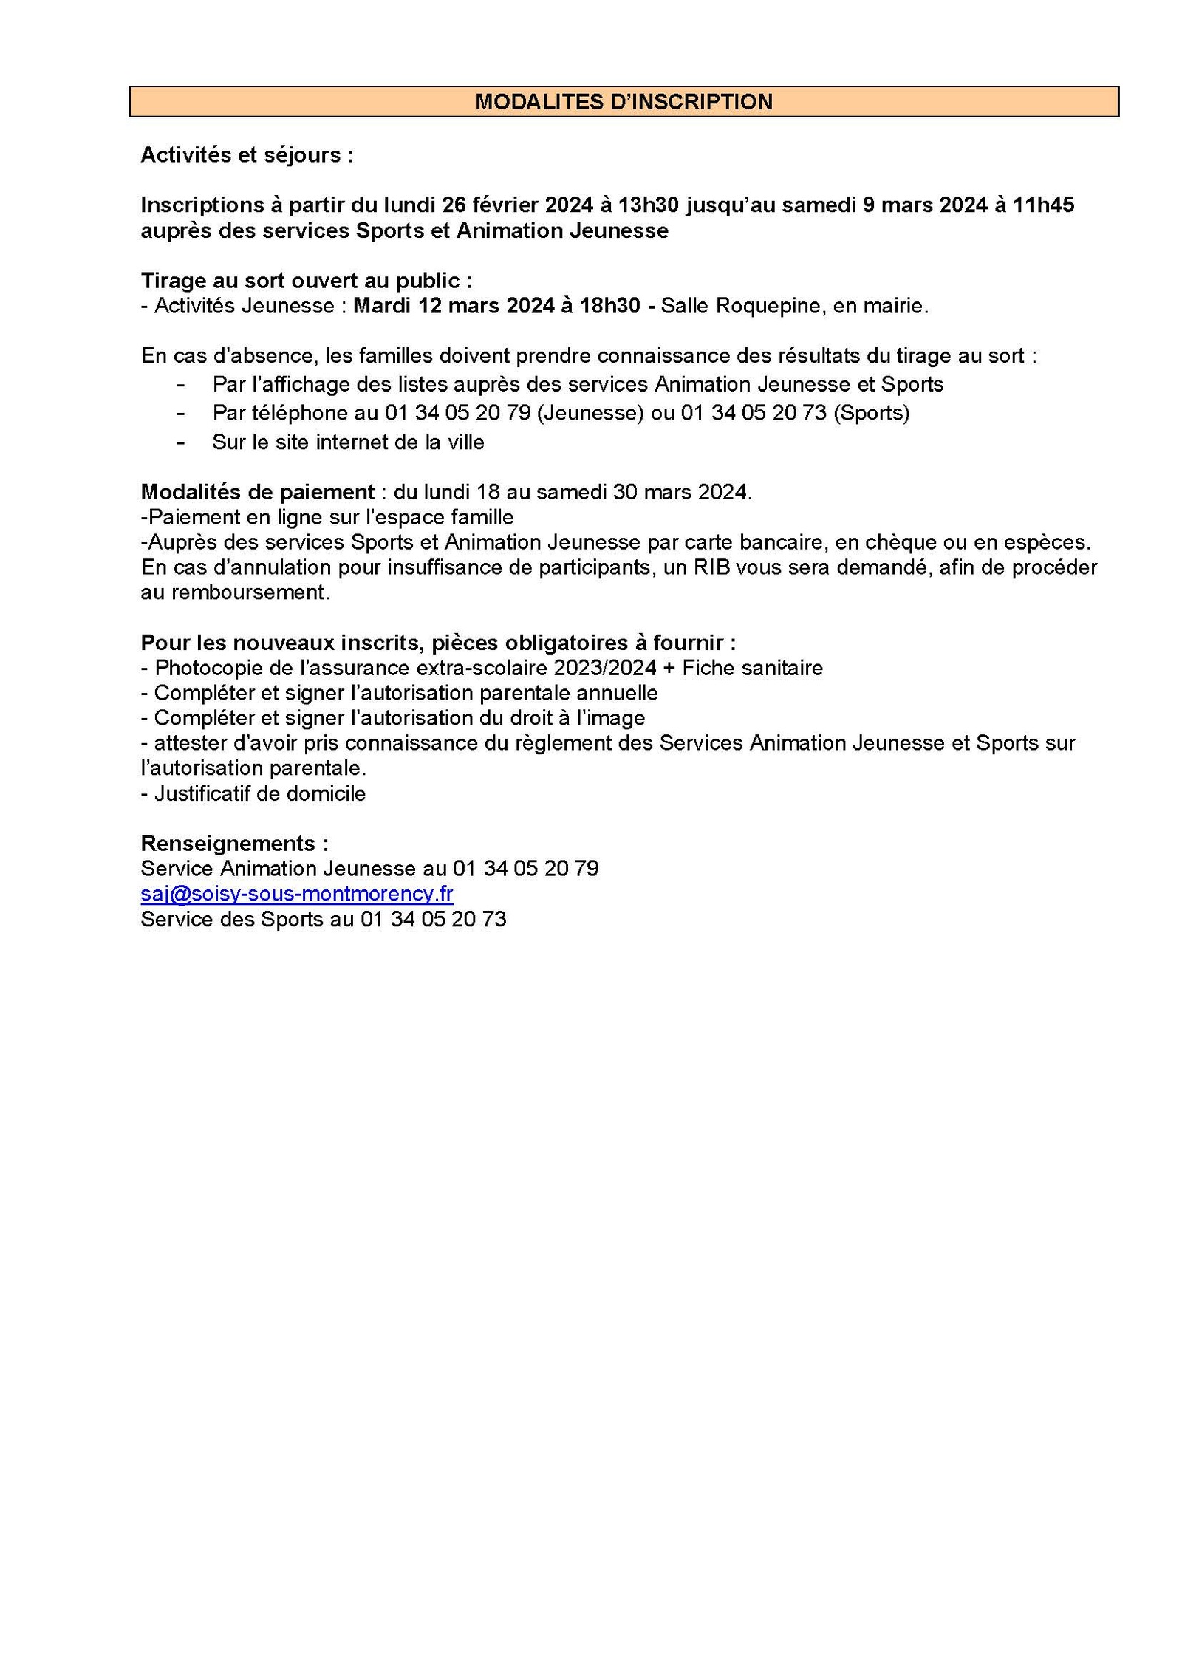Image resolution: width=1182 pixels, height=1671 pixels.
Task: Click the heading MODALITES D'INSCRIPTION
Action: (623, 101)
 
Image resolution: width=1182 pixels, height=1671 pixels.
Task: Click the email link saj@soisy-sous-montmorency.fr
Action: (296, 894)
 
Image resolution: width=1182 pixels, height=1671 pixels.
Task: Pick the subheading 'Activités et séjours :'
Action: (247, 155)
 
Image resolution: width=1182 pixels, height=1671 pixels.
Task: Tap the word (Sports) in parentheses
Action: (871, 412)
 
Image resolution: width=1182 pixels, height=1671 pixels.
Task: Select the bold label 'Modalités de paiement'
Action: (258, 492)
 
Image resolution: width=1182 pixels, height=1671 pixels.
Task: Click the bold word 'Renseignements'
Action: (228, 843)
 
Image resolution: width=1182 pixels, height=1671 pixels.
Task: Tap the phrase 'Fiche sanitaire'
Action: (752, 668)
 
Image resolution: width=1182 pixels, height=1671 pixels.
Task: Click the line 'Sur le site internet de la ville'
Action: (348, 442)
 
